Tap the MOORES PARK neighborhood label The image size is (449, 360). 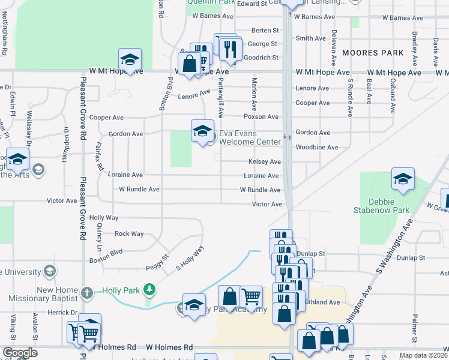click(372, 53)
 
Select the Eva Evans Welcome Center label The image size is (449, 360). click(249, 137)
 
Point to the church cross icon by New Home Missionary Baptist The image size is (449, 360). click(86, 293)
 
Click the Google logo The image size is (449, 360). click(20, 353)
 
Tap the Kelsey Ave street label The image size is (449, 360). click(265, 162)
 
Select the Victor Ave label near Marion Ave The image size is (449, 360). click(267, 205)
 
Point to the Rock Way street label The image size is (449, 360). click(129, 233)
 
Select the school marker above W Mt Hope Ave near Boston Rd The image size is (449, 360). click(130, 59)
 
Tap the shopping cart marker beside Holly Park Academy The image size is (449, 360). click(252, 296)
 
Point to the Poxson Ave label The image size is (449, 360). click(261, 116)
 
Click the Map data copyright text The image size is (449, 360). click(424, 355)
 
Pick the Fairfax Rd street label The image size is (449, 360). click(100, 158)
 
